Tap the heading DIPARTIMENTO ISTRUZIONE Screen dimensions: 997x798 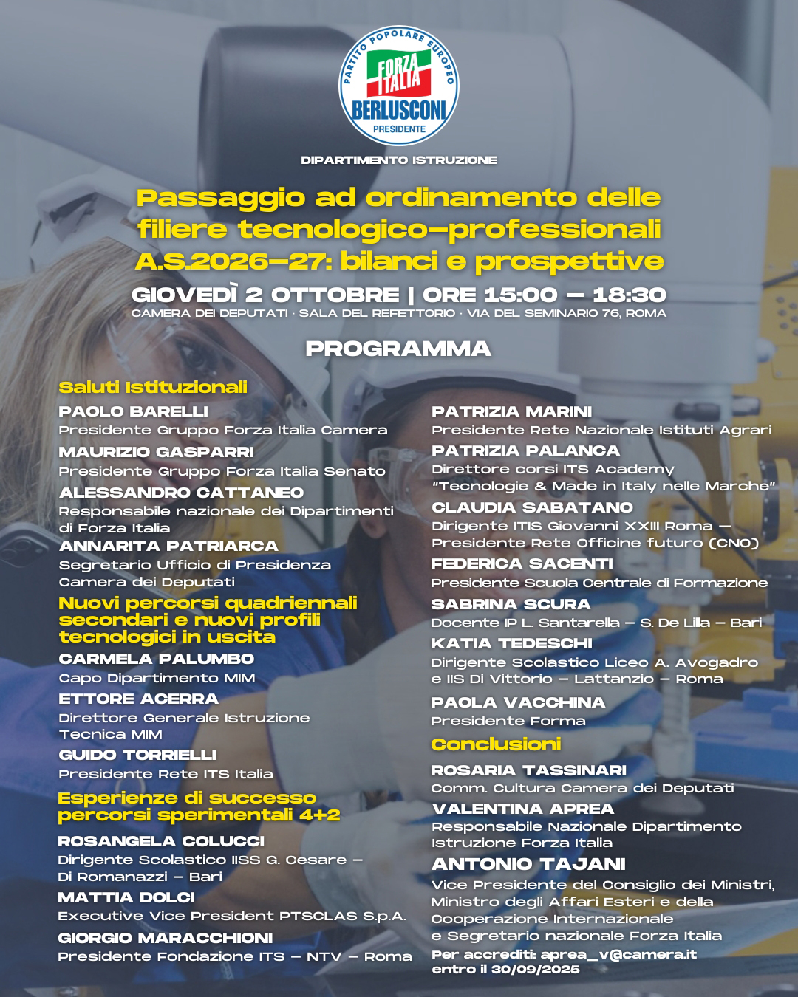(x=399, y=160)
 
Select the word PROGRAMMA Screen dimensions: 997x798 (x=399, y=349)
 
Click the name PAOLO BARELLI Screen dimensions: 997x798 (x=134, y=411)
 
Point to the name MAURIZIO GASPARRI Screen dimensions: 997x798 (x=157, y=452)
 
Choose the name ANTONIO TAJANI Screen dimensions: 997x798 (x=528, y=864)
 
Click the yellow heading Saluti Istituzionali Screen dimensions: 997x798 (x=153, y=387)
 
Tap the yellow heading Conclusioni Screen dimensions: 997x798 (x=496, y=744)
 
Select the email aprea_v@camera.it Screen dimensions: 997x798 (x=618, y=954)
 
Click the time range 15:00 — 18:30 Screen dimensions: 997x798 (x=575, y=295)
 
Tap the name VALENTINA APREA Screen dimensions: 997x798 (x=522, y=809)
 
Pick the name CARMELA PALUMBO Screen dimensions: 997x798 (x=157, y=659)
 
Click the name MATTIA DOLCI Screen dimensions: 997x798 (x=126, y=897)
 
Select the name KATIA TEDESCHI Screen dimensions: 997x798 (x=511, y=643)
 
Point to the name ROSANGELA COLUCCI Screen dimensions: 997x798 (x=161, y=841)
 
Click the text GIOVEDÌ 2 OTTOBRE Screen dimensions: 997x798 (x=265, y=295)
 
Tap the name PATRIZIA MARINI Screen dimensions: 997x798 (x=511, y=411)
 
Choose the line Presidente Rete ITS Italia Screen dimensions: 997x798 (x=166, y=774)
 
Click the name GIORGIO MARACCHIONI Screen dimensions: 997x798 (x=166, y=938)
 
